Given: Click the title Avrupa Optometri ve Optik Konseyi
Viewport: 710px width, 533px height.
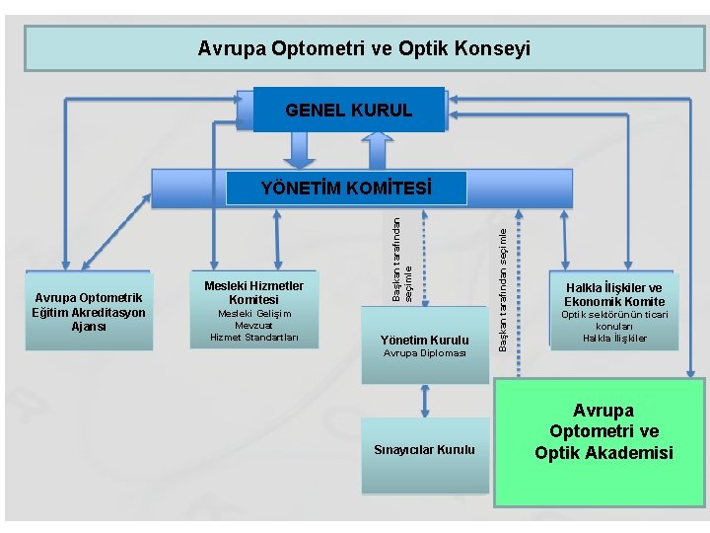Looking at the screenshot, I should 363,47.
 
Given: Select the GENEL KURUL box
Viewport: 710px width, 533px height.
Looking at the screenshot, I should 349,111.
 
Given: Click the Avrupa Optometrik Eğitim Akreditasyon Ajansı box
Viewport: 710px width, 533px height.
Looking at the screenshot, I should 90,312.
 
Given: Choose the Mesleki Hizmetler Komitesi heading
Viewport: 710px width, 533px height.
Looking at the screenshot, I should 253,292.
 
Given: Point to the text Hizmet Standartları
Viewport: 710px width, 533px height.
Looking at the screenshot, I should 253,337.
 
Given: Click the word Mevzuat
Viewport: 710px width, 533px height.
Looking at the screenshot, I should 253,325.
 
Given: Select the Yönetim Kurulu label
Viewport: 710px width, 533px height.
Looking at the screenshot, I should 424,341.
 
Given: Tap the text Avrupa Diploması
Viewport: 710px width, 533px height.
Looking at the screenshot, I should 424,352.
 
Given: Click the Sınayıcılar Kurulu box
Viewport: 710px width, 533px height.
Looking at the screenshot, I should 424,450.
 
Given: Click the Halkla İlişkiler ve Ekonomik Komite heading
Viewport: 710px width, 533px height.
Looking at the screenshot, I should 613,294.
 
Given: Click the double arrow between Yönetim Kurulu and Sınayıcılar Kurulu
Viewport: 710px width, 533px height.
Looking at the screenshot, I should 425,400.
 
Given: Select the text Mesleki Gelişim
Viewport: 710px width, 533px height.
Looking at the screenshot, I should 253,313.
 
